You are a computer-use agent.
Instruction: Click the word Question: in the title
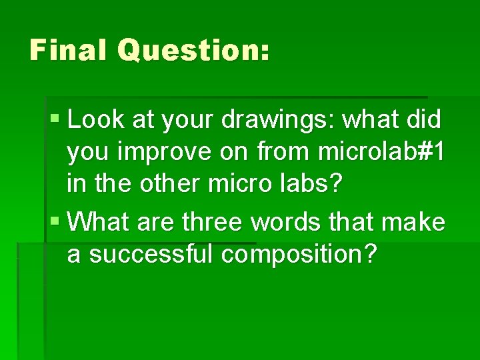[193, 51]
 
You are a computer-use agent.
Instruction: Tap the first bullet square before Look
[54, 120]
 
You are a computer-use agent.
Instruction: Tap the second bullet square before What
[54, 221]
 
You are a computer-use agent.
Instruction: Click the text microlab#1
[380, 152]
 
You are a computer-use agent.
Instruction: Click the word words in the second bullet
[289, 221]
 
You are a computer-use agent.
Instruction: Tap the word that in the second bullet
[356, 221]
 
